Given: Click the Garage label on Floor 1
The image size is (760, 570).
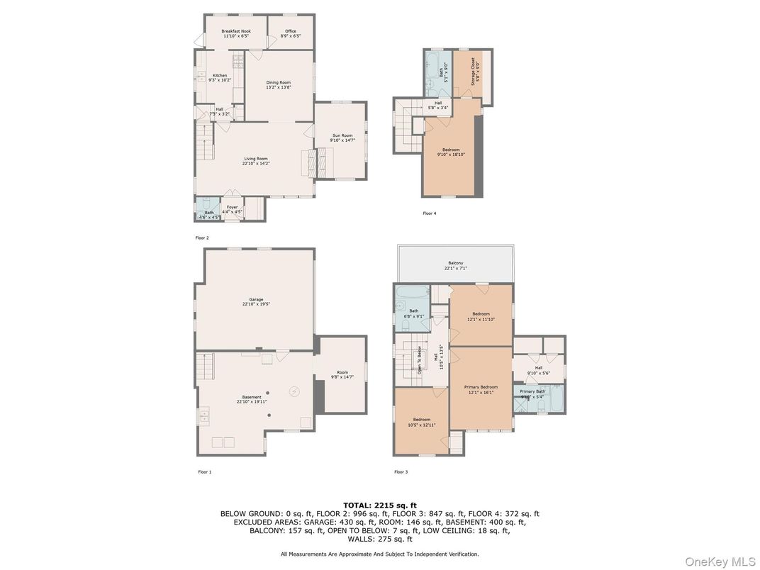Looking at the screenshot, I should pos(256,301).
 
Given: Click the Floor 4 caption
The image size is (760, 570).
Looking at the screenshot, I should pos(429,213).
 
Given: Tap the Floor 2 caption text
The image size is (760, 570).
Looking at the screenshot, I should pos(202,238).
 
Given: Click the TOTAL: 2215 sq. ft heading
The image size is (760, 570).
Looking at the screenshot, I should pos(379,505).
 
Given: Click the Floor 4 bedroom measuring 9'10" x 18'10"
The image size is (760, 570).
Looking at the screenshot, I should pos(451,152).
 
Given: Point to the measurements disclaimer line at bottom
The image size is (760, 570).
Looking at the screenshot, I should pos(379,554).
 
